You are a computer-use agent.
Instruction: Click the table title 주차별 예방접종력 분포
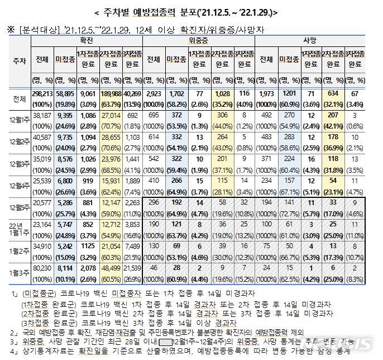(x=191, y=11)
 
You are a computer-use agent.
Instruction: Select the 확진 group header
(x=87, y=41)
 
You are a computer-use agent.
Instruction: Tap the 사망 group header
(x=308, y=41)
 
